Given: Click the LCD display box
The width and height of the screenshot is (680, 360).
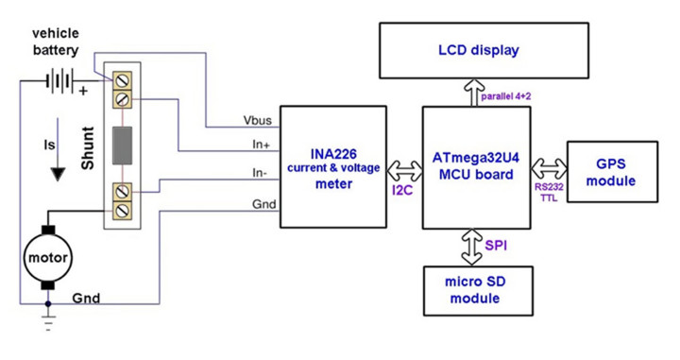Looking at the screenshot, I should click(x=478, y=50).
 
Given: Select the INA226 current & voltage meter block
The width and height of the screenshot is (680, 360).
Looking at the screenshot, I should click(x=334, y=166).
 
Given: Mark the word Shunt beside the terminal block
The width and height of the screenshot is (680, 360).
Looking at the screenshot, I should click(x=88, y=148).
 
